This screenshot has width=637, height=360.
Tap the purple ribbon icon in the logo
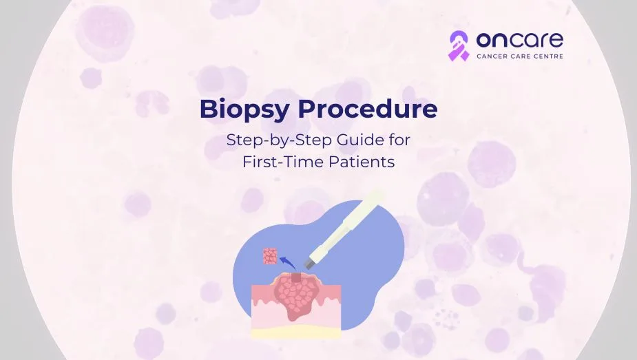[458, 45]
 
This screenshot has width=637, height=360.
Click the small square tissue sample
[270, 256]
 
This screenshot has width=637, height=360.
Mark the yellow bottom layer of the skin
[296, 333]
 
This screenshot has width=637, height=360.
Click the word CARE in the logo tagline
[521, 56]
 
